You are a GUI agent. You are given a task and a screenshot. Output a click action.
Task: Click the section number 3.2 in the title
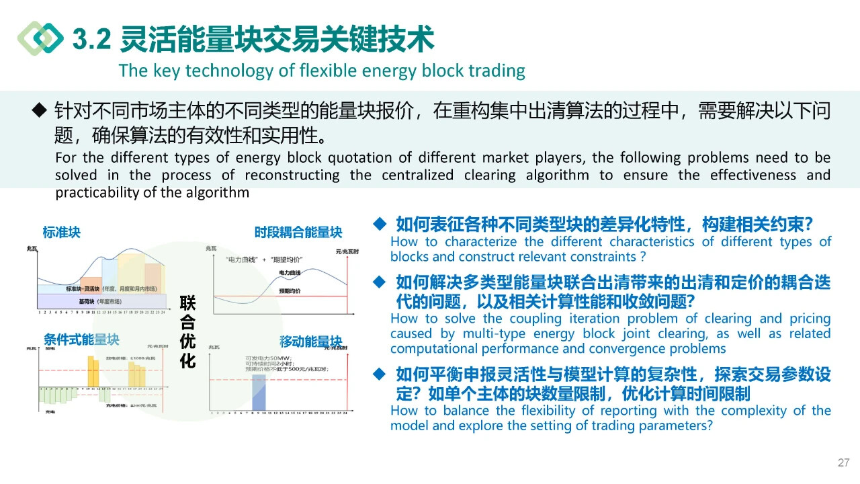(x=91, y=40)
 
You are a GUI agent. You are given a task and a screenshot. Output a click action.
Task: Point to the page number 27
(x=844, y=462)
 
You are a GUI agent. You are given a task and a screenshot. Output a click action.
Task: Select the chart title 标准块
(x=61, y=233)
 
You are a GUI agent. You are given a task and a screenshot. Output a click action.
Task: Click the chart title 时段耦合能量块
(x=298, y=233)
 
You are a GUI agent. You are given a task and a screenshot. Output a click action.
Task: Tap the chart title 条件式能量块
(x=81, y=339)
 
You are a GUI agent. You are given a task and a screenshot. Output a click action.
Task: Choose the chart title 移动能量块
(x=310, y=341)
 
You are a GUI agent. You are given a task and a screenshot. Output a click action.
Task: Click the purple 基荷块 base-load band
(x=94, y=302)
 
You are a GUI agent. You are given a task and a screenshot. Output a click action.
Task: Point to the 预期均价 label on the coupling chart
(x=290, y=291)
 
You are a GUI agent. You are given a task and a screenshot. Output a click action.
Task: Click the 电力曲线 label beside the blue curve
(x=290, y=272)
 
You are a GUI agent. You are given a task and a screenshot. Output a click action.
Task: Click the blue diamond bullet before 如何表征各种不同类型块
(x=380, y=223)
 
